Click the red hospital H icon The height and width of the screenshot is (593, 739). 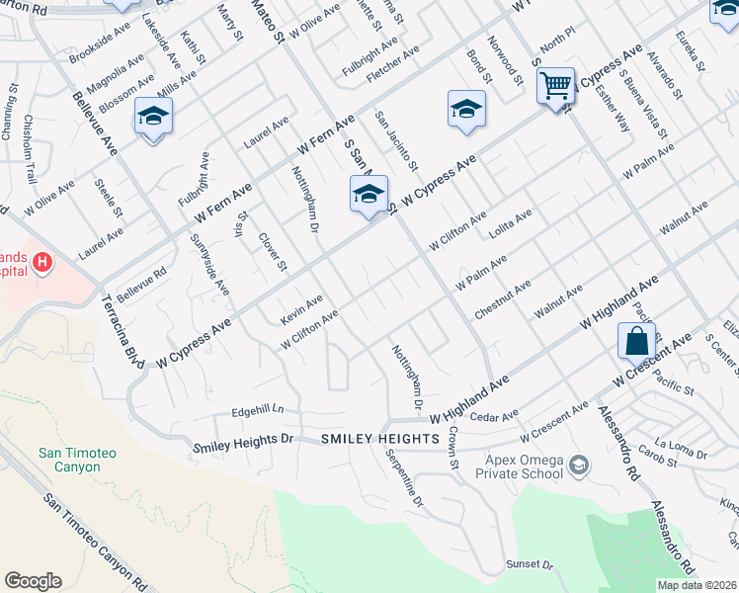pyautogui.click(x=41, y=262)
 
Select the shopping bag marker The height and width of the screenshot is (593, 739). pyautogui.click(x=637, y=341)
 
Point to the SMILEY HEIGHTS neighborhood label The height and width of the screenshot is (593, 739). pyautogui.click(x=379, y=438)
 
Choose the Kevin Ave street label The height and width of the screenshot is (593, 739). pyautogui.click(x=301, y=307)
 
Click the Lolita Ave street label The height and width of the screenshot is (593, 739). pyautogui.click(x=511, y=224)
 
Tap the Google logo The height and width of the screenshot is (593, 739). pyautogui.click(x=33, y=581)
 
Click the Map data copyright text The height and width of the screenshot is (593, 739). pyautogui.click(x=697, y=585)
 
